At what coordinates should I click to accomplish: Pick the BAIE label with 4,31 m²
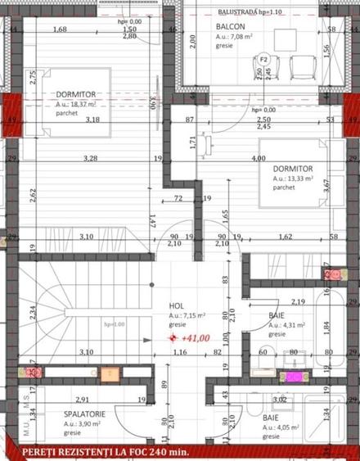[277, 314]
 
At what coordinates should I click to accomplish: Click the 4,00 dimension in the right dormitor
[259, 158]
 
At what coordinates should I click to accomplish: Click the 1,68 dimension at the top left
[60, 29]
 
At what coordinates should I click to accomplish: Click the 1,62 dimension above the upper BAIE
[286, 237]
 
